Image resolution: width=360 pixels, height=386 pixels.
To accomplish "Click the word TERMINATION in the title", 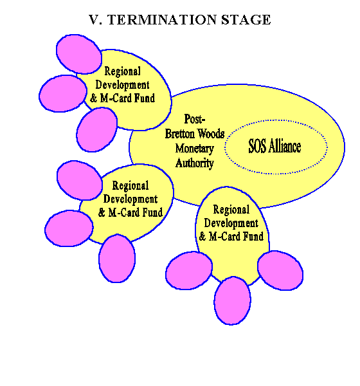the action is pyautogui.click(x=163, y=20).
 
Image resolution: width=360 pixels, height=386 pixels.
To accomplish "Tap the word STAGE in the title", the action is pyautogui.click(x=246, y=20).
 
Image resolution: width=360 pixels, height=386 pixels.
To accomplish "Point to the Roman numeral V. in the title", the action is pyautogui.click(x=96, y=20).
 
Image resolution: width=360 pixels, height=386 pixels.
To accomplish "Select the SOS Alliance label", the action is pyautogui.click(x=274, y=146).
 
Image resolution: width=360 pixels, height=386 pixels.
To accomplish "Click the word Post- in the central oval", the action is pyautogui.click(x=195, y=120).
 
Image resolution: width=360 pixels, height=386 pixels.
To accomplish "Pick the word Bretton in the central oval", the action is pyautogui.click(x=180, y=134).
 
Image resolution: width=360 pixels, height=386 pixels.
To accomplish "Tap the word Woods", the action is pyautogui.click(x=211, y=134).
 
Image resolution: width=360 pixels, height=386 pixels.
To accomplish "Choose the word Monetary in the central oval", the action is pyautogui.click(x=194, y=149).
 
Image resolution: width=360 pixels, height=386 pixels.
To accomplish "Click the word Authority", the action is pyautogui.click(x=194, y=163).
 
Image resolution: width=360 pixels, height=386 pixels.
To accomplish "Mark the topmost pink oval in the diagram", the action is pyautogui.click(x=78, y=54).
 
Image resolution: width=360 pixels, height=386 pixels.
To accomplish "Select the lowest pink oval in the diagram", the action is pyautogui.click(x=232, y=300).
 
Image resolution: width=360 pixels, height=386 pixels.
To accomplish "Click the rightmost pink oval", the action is pyautogui.click(x=280, y=270).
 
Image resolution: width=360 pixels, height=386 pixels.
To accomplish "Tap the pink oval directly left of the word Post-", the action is pyautogui.click(x=96, y=129).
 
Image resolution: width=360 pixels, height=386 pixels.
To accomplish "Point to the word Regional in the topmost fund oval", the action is pyautogui.click(x=123, y=71).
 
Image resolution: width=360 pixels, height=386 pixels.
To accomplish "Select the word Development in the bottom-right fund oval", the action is pyautogui.click(x=231, y=223).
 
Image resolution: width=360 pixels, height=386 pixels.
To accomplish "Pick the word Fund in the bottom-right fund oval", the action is pyautogui.click(x=253, y=236).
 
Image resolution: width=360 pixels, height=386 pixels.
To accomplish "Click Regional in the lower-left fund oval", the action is pyautogui.click(x=130, y=186).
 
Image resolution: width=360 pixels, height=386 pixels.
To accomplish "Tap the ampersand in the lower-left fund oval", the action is pyautogui.click(x=102, y=212).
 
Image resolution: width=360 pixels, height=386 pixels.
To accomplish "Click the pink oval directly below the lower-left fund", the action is pyautogui.click(x=117, y=258).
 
